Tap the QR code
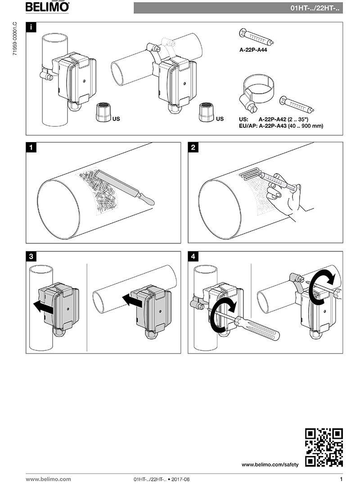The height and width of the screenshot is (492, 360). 324,447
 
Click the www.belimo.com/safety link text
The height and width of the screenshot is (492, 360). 270,464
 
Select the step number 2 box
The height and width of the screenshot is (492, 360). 193,148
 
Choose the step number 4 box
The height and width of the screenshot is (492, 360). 193,256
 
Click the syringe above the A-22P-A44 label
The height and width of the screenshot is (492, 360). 256,37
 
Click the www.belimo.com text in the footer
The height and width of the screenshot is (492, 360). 48,479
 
